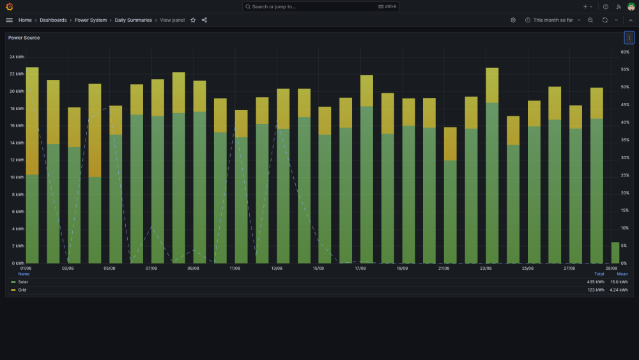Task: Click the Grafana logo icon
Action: (10, 6)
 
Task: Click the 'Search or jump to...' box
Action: (320, 6)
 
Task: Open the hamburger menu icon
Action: (10, 20)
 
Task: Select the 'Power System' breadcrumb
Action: (91, 20)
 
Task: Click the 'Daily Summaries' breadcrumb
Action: (134, 20)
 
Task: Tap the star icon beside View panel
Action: (193, 20)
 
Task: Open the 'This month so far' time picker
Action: (553, 20)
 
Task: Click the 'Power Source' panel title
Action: (24, 38)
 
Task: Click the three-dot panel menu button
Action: (629, 38)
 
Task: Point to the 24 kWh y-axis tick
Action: (17, 57)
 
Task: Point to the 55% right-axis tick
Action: (625, 70)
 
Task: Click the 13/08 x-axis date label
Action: (277, 269)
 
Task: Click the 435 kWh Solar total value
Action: (596, 282)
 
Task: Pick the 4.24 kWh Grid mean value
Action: (619, 290)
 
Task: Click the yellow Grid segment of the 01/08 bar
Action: (32, 121)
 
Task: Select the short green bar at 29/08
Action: (615, 253)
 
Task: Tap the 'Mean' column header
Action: (622, 274)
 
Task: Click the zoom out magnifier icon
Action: (590, 20)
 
